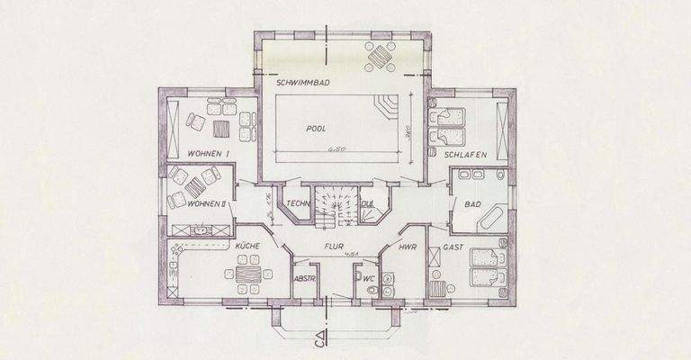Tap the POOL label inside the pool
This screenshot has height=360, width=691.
[315, 129]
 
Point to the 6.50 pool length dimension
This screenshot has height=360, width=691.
[337, 148]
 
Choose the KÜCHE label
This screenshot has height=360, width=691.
[247, 245]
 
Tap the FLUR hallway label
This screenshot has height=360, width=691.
[336, 244]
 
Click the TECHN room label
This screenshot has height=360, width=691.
[300, 203]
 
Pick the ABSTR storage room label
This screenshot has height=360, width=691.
[305, 280]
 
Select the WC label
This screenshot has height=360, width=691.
[368, 279]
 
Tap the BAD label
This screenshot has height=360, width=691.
[472, 204]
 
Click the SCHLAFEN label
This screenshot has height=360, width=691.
[465, 155]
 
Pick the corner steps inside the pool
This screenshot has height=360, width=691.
[386, 106]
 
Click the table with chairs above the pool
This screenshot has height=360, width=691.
[380, 57]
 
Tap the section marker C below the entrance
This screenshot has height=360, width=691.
[320, 341]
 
